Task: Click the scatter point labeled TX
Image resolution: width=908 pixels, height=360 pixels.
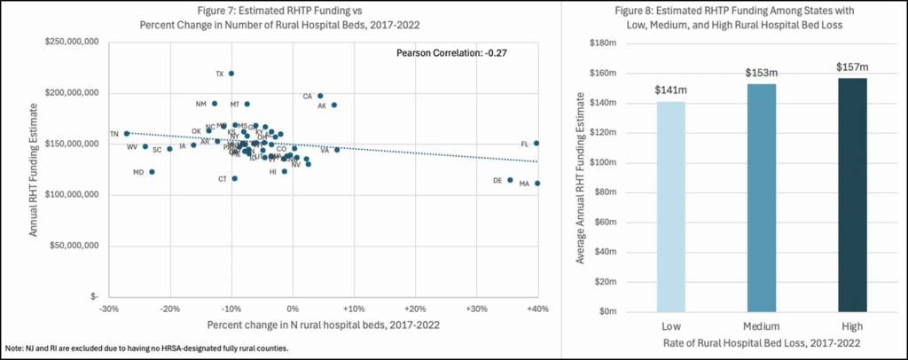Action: point(231,74)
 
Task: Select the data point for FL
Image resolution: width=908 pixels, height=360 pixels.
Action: point(536,143)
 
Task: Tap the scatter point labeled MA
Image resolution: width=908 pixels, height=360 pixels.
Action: point(537,184)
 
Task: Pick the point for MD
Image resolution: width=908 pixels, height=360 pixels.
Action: point(152,172)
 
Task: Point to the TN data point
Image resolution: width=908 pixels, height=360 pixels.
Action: point(127,134)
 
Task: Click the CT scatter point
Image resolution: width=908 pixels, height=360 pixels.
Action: point(235,178)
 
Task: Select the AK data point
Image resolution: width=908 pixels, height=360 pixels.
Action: point(334,105)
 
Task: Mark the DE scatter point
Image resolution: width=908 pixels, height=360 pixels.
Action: point(510,180)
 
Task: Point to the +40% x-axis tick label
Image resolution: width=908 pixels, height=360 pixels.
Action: point(536,309)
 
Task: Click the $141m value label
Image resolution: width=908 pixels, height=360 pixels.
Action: point(669,90)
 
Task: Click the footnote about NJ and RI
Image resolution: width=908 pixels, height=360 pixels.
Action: point(146,348)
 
